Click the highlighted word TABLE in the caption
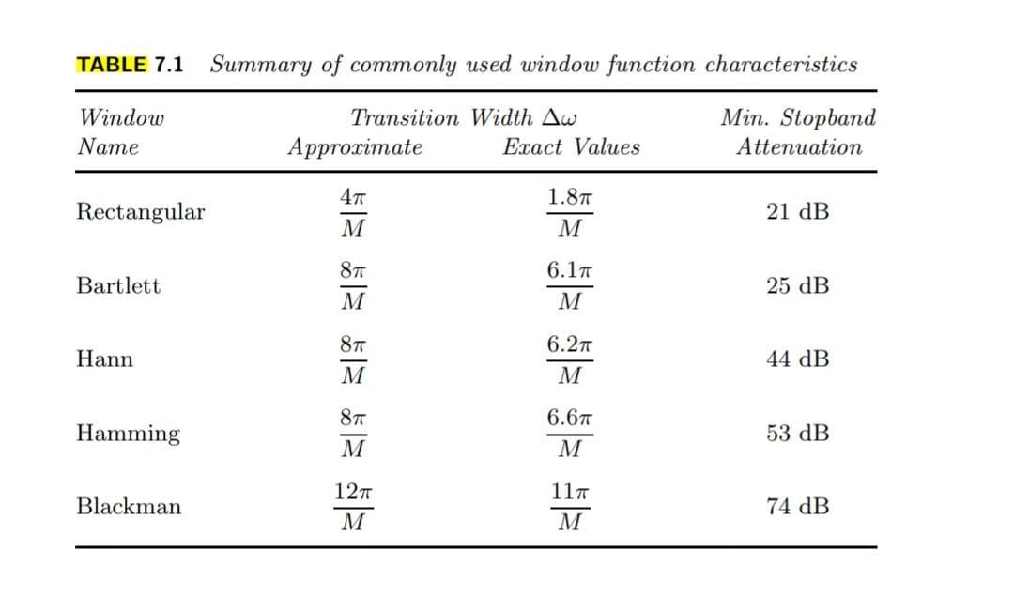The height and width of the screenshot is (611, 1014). click(111, 65)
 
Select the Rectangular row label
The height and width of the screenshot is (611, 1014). click(140, 212)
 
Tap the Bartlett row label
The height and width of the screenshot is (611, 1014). click(118, 285)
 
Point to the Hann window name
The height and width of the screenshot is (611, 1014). click(104, 359)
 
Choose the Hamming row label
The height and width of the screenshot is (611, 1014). click(128, 434)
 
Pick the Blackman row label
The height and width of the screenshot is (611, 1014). click(129, 507)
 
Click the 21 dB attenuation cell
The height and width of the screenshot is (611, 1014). click(797, 212)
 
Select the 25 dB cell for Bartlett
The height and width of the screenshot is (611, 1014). click(797, 285)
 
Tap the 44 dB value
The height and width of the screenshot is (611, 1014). click(797, 359)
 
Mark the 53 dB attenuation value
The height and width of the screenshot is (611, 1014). click(797, 434)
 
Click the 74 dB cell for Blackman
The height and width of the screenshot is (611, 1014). click(797, 507)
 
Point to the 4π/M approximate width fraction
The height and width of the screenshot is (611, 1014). click(352, 213)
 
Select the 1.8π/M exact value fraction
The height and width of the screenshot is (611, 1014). click(570, 213)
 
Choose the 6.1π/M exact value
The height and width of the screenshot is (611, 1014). click(570, 286)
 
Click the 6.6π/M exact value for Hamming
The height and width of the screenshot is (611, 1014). click(570, 434)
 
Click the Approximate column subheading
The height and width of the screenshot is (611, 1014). click(355, 147)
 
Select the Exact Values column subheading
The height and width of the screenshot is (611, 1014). click(571, 147)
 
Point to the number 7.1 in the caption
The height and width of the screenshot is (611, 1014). click(169, 65)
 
